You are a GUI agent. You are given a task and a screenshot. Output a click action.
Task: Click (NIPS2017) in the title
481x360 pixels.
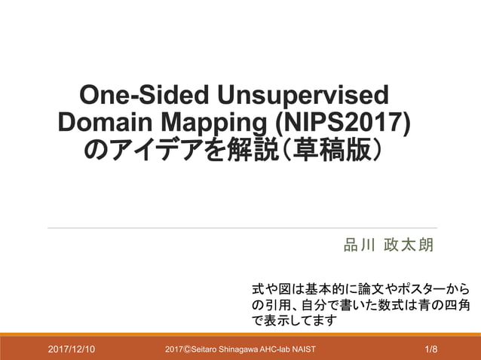click(x=344, y=123)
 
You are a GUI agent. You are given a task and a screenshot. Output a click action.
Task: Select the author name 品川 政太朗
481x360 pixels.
click(x=389, y=246)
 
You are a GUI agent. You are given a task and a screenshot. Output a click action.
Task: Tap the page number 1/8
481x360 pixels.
click(x=431, y=349)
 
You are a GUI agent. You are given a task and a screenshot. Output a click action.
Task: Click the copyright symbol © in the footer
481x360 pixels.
click(x=188, y=349)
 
